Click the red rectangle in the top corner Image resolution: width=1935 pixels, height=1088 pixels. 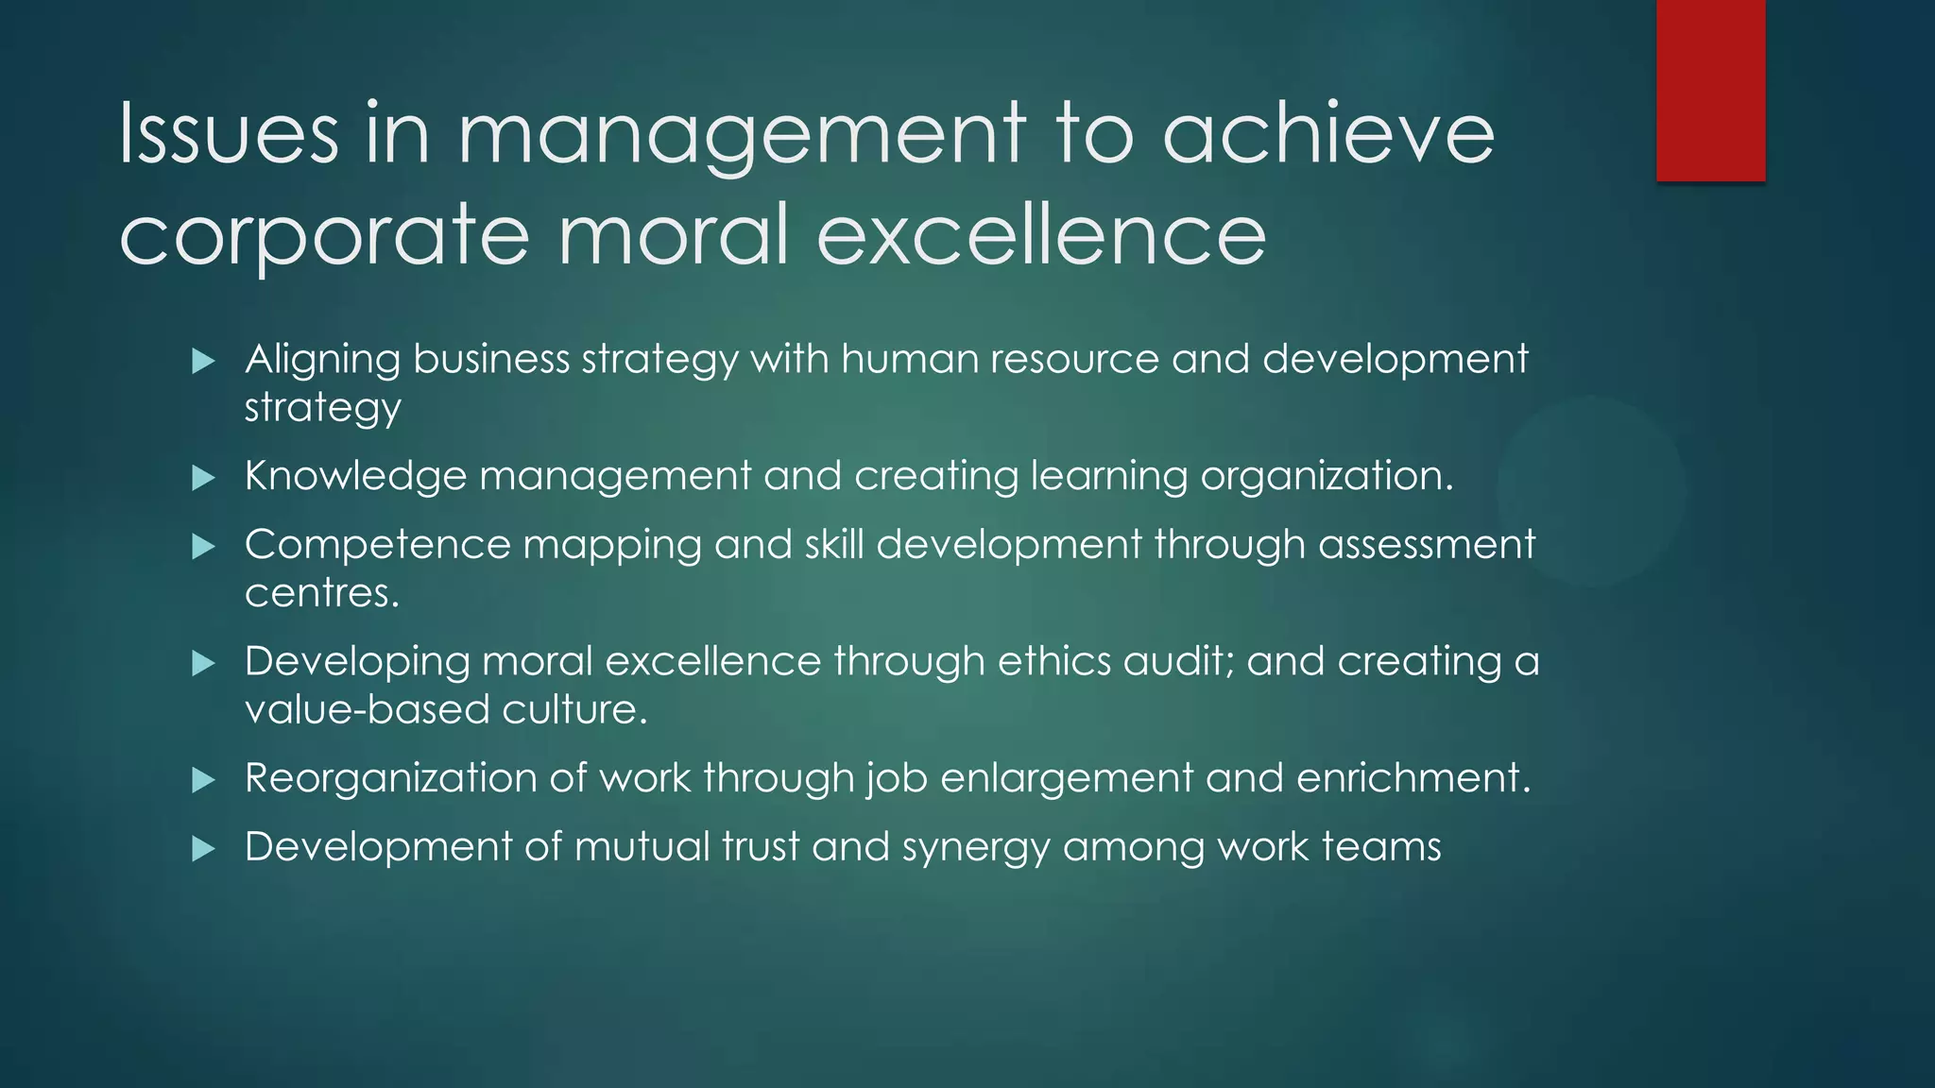(1710, 91)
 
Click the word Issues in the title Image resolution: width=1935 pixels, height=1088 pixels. (228, 134)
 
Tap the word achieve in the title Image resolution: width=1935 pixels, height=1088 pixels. (1327, 134)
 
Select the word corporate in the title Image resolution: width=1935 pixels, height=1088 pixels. (324, 236)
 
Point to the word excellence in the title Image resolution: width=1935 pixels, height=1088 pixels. (1040, 236)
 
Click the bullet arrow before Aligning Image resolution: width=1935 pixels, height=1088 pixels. (203, 361)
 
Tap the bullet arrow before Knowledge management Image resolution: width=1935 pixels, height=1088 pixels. (203, 478)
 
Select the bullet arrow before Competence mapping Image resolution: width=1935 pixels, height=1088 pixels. (203, 547)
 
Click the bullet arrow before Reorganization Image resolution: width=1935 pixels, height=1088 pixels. (203, 780)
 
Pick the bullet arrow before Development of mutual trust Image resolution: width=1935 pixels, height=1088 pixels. (203, 849)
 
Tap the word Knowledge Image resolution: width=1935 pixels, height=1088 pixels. (355, 476)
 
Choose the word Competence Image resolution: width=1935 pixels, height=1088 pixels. (377, 545)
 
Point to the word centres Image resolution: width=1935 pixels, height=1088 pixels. (321, 593)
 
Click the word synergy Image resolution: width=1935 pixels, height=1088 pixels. (976, 848)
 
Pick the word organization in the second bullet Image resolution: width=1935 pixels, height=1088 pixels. (1326, 476)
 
